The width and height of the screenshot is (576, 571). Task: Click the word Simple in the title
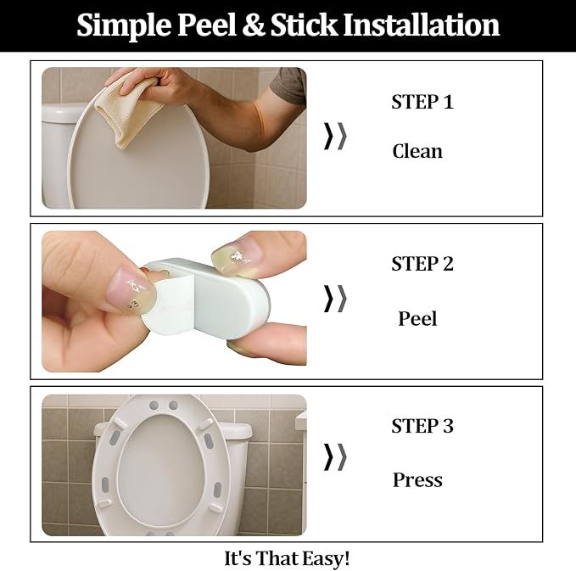click(124, 25)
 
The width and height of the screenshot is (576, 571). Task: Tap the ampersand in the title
click(254, 25)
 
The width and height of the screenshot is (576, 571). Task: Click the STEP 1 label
click(422, 103)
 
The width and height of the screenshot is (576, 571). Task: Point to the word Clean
click(417, 152)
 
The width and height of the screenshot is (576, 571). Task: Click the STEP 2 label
click(422, 264)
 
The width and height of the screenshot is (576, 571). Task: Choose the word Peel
click(417, 319)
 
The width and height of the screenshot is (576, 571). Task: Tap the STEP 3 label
click(422, 426)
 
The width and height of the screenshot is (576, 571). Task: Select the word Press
click(417, 480)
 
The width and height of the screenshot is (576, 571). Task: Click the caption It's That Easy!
click(287, 558)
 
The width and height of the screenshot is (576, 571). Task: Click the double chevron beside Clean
click(335, 136)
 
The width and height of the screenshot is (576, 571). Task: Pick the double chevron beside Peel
click(335, 298)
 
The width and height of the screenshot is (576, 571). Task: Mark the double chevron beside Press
click(335, 456)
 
